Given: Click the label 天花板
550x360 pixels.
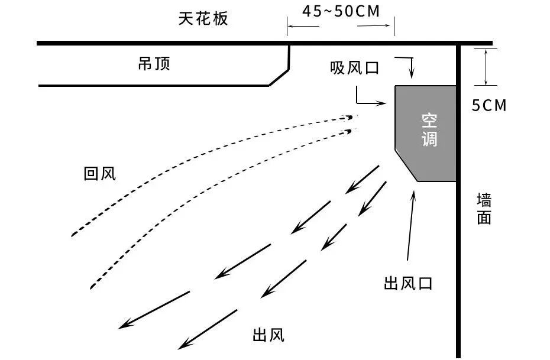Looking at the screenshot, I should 203,19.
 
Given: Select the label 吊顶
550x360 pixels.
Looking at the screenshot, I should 154,63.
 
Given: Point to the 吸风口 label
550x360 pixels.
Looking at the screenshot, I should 354,69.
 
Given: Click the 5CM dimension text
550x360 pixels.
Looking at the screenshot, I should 489,105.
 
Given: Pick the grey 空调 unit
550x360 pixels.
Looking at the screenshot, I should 426,133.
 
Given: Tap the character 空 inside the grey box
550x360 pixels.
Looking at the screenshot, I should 429,122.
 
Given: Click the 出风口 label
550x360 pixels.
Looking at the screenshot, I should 408,284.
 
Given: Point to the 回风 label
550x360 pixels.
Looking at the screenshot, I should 100,174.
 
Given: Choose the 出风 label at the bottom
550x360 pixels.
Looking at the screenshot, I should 268,336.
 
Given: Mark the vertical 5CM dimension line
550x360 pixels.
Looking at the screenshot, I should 486,66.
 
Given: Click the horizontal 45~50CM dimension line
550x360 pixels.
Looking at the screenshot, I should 341,25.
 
